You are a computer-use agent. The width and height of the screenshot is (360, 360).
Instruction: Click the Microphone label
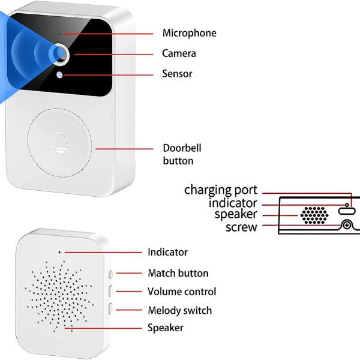(189, 33)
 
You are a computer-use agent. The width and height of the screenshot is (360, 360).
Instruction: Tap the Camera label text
(179, 53)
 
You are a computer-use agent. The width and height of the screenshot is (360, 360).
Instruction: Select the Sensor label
(177, 74)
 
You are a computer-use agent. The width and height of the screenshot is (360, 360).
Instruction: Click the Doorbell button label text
(178, 154)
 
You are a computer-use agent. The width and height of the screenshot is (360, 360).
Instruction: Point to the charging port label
(220, 190)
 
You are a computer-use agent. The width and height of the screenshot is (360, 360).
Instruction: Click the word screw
(241, 227)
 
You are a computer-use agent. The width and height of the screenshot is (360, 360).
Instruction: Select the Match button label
(178, 273)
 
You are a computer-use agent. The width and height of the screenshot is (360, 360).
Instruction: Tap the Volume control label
(182, 292)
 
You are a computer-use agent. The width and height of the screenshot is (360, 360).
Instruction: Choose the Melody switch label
(179, 311)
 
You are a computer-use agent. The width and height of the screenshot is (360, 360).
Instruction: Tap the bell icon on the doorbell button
(60, 142)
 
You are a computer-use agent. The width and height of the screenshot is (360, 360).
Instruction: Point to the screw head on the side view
(346, 226)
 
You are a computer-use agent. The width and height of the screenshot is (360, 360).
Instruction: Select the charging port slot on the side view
(347, 209)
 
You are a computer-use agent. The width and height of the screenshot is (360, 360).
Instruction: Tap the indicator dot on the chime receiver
(60, 252)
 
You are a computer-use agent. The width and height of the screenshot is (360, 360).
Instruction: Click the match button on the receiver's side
(110, 274)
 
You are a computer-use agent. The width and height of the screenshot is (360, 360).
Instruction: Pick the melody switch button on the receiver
(110, 310)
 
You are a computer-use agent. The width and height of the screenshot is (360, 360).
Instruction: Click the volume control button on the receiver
(110, 292)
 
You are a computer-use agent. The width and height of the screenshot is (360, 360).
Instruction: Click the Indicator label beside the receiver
(167, 252)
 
